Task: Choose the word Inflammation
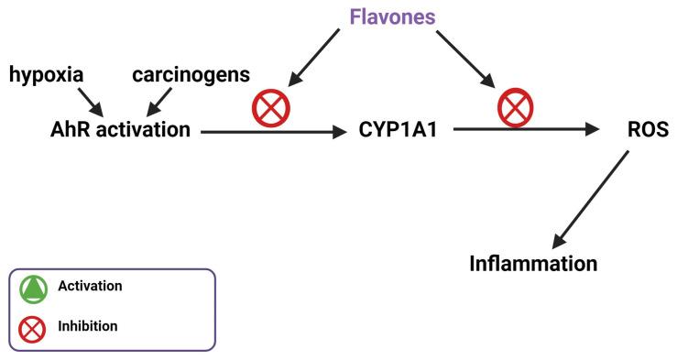coord(532,264)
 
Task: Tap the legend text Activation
coord(89,287)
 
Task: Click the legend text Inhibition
coord(87,325)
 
